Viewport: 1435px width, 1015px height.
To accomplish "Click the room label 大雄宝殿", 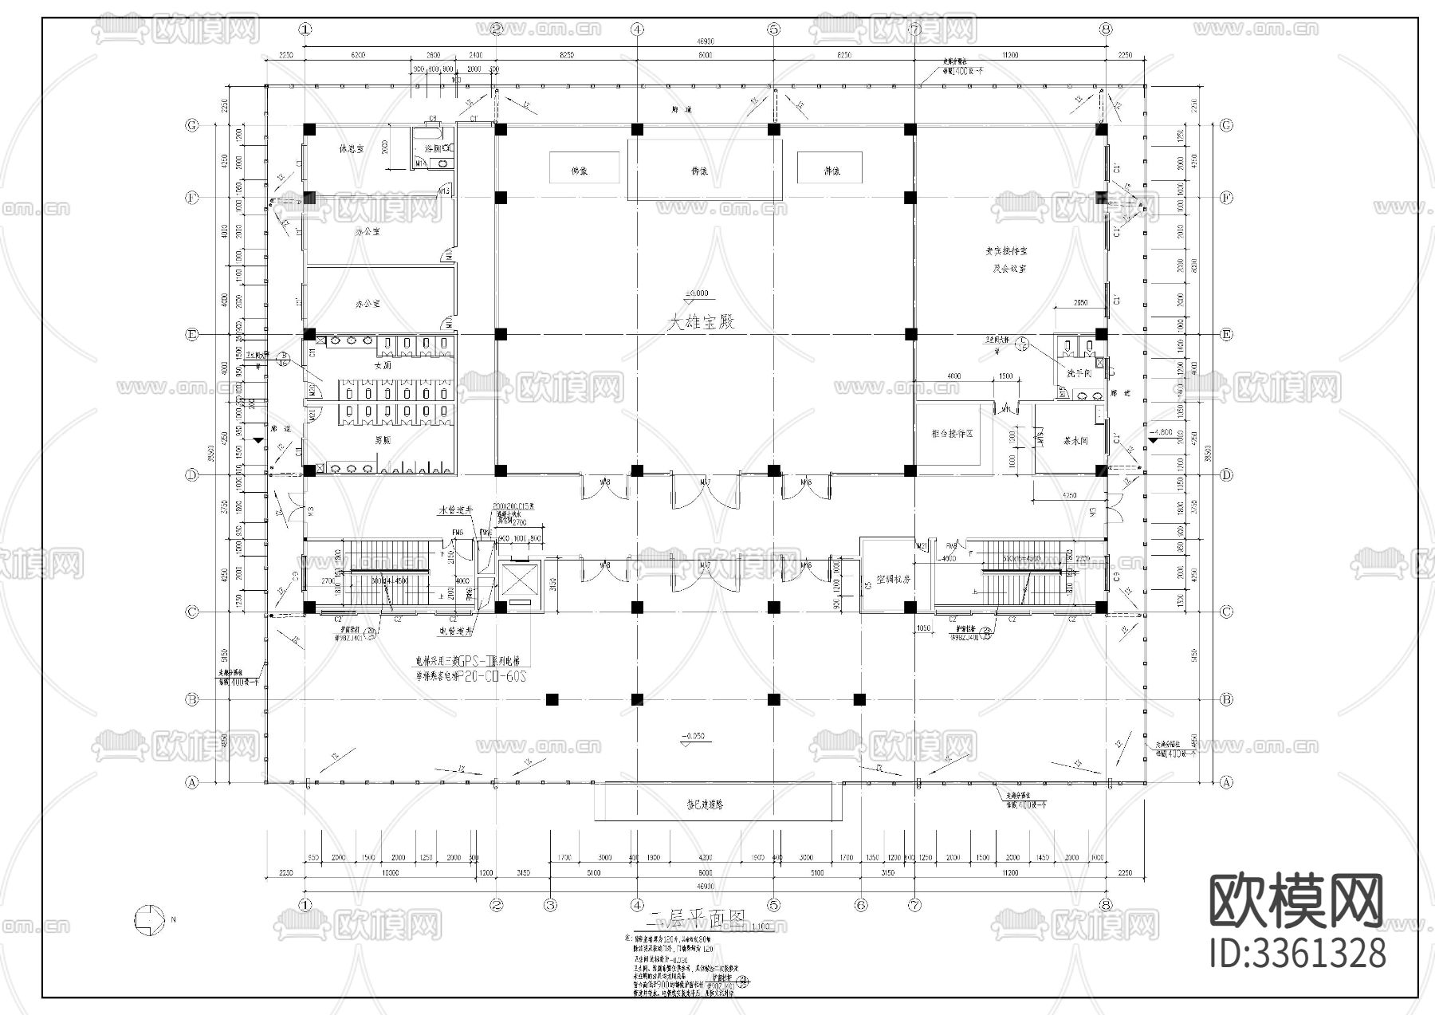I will click(700, 321).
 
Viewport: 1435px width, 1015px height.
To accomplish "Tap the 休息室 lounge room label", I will click(351, 148).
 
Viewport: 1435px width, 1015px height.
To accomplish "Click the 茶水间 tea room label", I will click(1075, 440).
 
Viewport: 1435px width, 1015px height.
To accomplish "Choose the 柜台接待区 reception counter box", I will click(952, 434).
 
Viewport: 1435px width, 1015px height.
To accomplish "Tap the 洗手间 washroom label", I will click(1079, 373).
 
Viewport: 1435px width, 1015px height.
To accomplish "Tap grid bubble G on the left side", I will click(191, 125).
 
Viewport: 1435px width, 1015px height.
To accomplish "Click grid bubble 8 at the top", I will click(1105, 29).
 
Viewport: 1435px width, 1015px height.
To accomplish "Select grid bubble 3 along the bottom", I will click(550, 905).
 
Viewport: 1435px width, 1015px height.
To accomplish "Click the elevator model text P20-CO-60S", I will click(493, 675).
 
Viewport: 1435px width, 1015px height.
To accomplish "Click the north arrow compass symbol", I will click(147, 919).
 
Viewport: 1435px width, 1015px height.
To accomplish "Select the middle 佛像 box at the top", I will click(700, 171).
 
